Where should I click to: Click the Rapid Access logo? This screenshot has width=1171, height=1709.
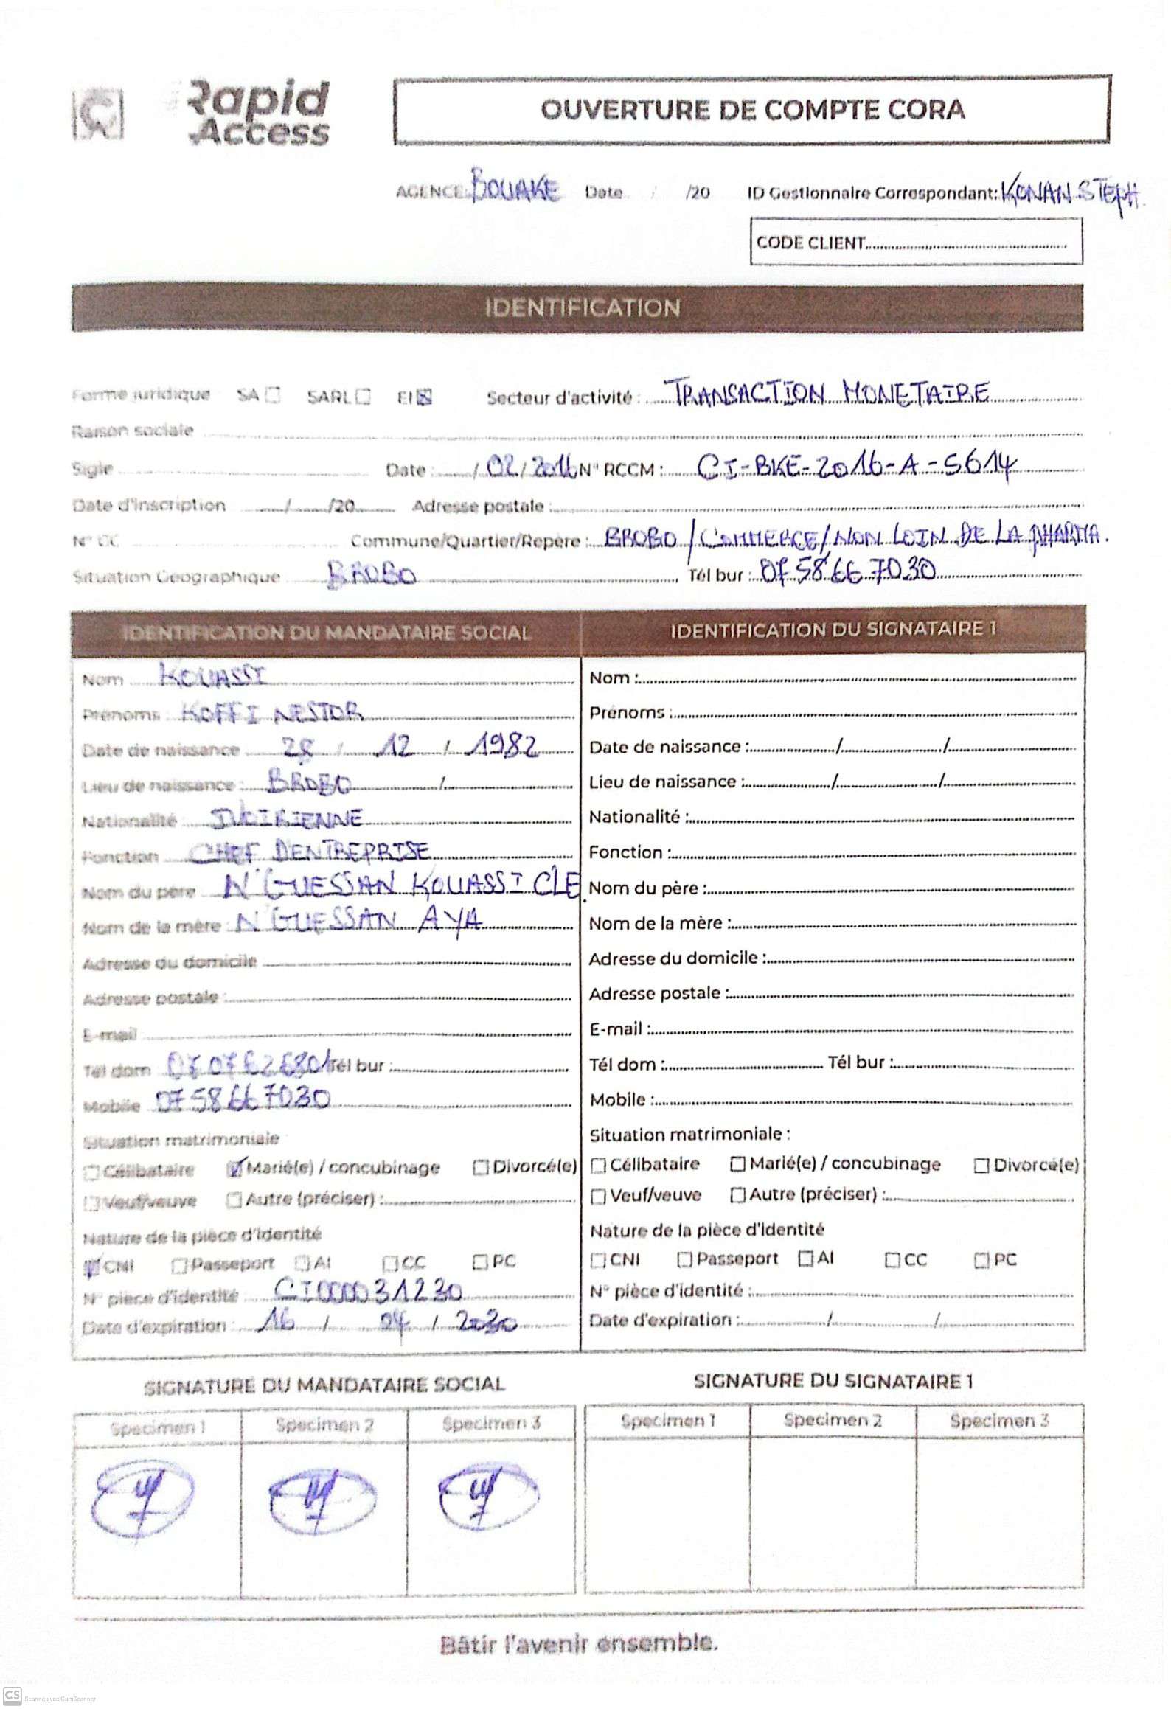coord(203,112)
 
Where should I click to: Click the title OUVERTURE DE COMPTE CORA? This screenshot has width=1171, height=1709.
coord(751,110)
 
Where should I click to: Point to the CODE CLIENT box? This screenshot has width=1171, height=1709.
coord(915,241)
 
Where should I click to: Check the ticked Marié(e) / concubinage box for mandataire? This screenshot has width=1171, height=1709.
coord(235,1168)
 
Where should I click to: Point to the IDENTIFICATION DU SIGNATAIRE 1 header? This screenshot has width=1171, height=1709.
coord(833,629)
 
